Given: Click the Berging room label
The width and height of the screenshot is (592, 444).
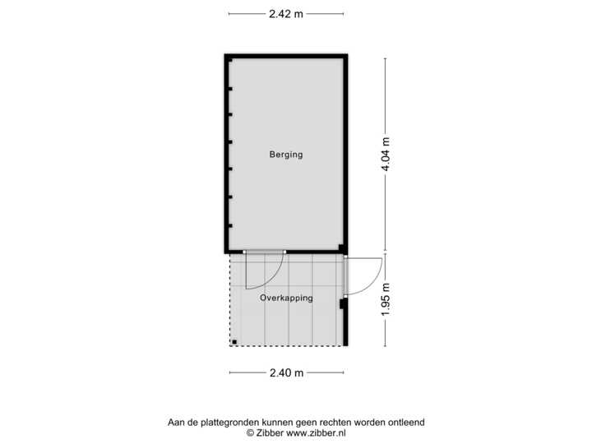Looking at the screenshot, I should (286, 154).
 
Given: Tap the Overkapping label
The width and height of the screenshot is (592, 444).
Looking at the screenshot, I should (286, 298).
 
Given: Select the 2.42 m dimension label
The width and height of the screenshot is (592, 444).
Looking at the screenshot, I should (286, 13).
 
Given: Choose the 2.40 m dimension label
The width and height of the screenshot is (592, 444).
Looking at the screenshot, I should (286, 372).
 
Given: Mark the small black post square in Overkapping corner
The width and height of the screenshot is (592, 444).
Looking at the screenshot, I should (234, 340).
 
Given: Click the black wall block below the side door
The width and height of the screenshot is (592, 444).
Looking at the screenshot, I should (344, 304).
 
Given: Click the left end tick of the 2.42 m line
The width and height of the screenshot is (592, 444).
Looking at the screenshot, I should (229, 13).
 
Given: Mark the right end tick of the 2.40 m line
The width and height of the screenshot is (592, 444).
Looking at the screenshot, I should (344, 372).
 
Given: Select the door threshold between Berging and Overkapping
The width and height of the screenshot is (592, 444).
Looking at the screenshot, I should (264, 252).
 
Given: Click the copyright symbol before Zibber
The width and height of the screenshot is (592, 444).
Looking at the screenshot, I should (248, 432).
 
